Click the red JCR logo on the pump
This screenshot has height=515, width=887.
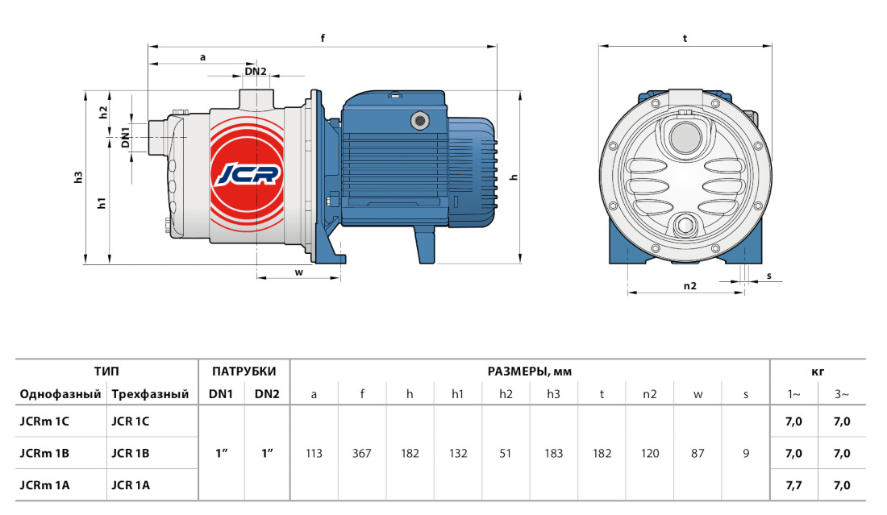(248, 175)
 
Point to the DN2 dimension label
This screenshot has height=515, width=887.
(255, 71)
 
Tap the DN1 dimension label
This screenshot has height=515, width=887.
(126, 137)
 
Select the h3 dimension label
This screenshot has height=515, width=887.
(79, 177)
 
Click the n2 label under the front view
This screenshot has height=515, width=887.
(689, 286)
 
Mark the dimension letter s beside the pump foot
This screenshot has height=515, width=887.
(769, 276)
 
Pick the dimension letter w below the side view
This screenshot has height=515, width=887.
(298, 272)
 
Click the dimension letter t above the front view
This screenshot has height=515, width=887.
(685, 39)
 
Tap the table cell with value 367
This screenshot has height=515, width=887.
(362, 454)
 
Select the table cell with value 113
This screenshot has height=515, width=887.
(314, 454)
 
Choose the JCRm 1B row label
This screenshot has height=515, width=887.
(44, 454)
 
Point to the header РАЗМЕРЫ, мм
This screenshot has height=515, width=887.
(530, 372)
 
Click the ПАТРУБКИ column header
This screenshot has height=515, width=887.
(244, 372)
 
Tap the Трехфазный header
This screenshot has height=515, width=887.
(150, 394)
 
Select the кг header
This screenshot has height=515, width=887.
(818, 372)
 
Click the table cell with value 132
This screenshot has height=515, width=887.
(458, 454)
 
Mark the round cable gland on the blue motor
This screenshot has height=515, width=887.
(420, 120)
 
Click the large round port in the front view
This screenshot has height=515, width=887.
(685, 137)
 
